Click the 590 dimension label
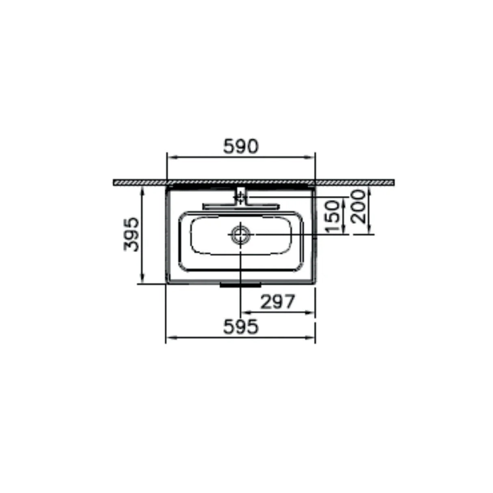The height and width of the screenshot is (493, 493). tap(241, 146)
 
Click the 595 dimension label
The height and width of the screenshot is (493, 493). tap(241, 327)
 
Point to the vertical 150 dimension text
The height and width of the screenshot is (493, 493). tap(334, 217)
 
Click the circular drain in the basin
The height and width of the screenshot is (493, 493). tap(240, 234)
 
